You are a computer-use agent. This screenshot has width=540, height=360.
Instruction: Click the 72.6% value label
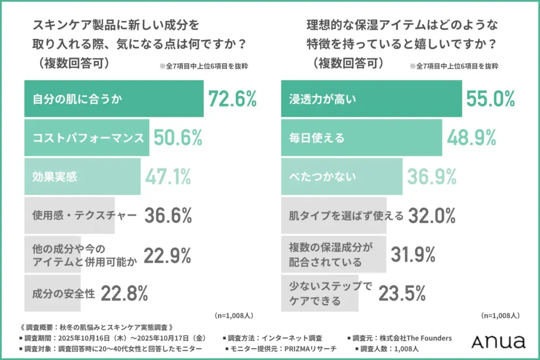click(x=232, y=99)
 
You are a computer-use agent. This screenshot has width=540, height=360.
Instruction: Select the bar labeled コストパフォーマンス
click(x=86, y=138)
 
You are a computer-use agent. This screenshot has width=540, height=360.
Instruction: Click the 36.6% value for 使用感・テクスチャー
click(x=167, y=216)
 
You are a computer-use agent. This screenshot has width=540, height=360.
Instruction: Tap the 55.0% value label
click(x=490, y=99)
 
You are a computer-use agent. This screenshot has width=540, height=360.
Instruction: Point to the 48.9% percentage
click(x=471, y=138)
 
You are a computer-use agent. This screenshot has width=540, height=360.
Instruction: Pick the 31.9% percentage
click(x=412, y=255)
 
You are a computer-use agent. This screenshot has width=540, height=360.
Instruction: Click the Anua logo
click(x=498, y=342)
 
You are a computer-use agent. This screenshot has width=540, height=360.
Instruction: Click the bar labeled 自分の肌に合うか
click(x=113, y=99)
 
